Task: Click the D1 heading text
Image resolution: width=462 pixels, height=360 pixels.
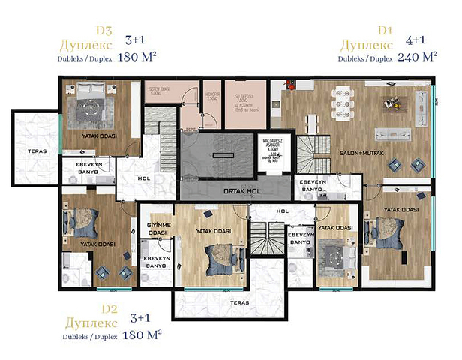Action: (x=385, y=31)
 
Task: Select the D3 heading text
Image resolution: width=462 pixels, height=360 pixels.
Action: (x=103, y=31)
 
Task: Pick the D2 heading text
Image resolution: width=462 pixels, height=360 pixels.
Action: (x=109, y=308)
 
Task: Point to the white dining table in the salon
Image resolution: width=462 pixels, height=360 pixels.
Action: (x=348, y=98)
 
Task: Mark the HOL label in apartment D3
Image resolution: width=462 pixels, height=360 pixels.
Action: (x=143, y=178)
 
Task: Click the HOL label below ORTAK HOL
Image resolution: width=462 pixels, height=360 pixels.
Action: (x=282, y=211)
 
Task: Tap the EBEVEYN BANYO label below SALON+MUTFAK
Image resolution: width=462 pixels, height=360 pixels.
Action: (x=311, y=186)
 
